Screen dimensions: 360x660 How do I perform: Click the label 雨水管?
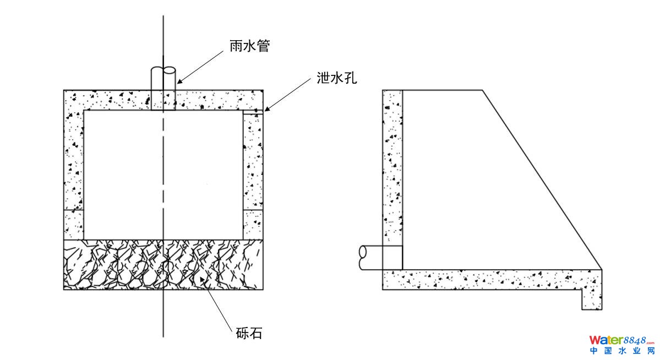pyautogui.click(x=249, y=46)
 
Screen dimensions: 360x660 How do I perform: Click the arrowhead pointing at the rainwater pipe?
pyautogui.click(x=178, y=83)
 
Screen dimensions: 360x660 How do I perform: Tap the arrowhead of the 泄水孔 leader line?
pyautogui.click(x=265, y=110)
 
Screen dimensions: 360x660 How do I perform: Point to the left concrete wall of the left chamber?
pyautogui.click(x=74, y=165)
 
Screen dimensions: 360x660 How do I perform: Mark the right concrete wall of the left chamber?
pyautogui.click(x=253, y=165)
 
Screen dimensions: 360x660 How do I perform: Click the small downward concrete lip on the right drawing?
pyautogui.click(x=592, y=300)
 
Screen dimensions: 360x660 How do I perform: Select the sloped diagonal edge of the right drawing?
pyautogui.click(x=542, y=179)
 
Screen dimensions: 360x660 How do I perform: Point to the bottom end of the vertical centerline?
pyautogui.click(x=163, y=336)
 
